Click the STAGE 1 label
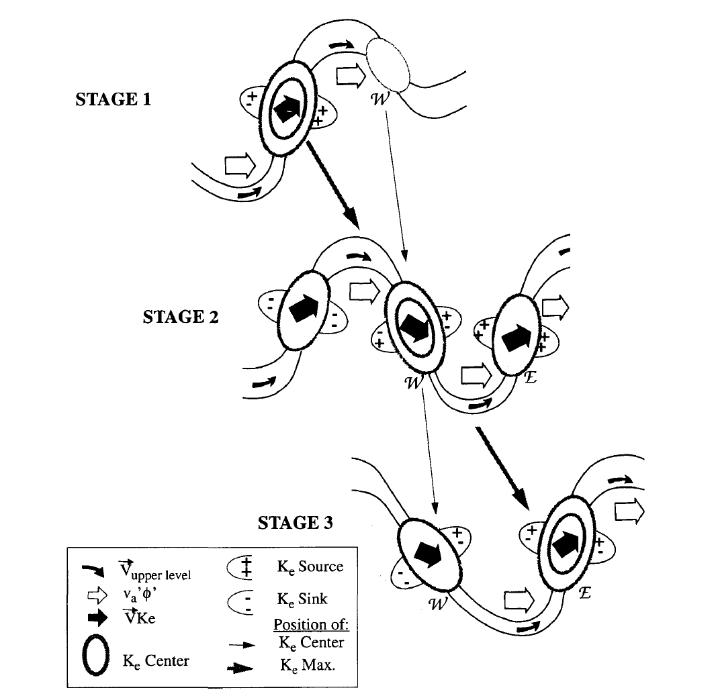(113, 99)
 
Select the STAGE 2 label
(181, 317)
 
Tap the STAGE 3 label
(296, 523)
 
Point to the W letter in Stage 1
(380, 99)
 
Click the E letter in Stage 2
(530, 377)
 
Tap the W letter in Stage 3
(437, 604)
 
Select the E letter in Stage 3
(584, 593)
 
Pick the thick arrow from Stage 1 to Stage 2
(333, 185)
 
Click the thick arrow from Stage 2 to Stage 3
(502, 468)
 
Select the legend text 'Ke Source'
(310, 567)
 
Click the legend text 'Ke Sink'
(302, 599)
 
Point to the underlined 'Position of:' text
(311, 624)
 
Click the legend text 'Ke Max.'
(308, 665)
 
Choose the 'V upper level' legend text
(154, 570)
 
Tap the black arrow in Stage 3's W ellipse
(428, 554)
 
